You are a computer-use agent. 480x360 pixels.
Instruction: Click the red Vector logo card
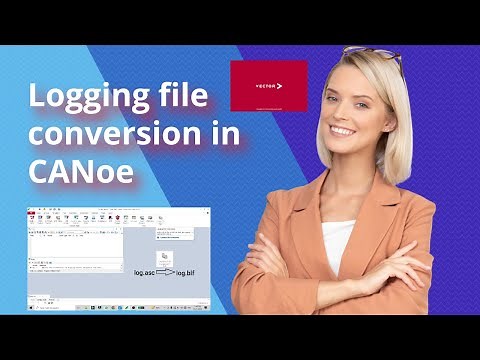coord(268,86)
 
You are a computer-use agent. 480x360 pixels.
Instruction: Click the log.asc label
coord(146,272)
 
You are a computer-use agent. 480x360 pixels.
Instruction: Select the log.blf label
coord(192,272)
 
